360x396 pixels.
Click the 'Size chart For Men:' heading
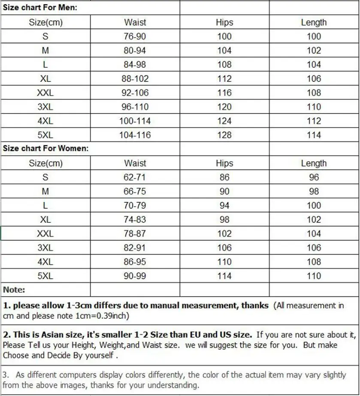[40, 8]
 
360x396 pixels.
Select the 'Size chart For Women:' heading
[46, 149]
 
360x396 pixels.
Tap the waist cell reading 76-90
[135, 36]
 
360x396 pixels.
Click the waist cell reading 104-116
[135, 135]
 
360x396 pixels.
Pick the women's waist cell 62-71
[135, 177]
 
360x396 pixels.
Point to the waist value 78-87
[135, 234]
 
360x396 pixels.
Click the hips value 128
[224, 135]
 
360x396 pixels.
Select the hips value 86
[224, 177]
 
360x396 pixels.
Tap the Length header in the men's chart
[314, 22]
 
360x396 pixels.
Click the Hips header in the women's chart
[224, 163]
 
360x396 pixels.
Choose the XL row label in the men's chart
[45, 79]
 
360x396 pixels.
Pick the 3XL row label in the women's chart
[45, 248]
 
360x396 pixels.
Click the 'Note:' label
[14, 290]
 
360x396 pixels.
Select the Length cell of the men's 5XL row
[314, 135]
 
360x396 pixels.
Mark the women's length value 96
[314, 177]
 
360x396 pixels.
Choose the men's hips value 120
[224, 107]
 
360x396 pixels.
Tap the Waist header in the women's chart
[135, 163]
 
